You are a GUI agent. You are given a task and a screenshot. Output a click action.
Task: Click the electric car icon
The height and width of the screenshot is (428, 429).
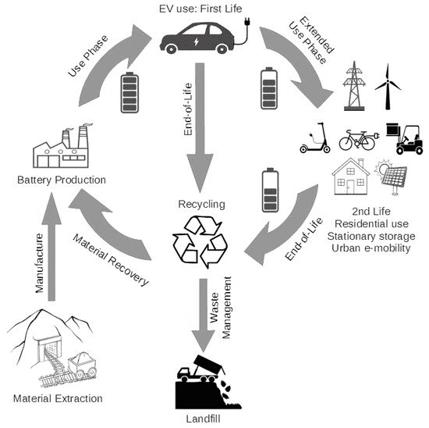click(197, 38)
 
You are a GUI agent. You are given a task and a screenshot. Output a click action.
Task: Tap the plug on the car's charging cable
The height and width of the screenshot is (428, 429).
click(247, 21)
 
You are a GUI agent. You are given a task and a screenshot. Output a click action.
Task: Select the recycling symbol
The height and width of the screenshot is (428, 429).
click(200, 241)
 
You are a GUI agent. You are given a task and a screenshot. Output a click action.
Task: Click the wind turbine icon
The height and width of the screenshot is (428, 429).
click(388, 87)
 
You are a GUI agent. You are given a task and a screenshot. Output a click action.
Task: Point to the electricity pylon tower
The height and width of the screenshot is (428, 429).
click(354, 86)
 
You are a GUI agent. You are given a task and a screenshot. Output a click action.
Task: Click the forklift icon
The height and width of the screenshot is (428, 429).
click(405, 139)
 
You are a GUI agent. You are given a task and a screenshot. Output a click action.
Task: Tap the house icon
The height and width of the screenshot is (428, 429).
click(350, 177)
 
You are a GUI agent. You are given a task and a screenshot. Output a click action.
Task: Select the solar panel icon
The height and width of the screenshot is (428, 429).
click(392, 177)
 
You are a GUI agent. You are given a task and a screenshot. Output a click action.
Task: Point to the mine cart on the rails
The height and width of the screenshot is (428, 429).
click(82, 366)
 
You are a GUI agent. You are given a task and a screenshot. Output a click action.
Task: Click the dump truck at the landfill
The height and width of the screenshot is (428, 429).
click(201, 369)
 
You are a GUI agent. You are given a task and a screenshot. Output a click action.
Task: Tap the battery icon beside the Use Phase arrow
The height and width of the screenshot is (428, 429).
click(129, 93)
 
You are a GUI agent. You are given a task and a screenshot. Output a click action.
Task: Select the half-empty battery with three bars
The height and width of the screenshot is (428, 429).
click(270, 190)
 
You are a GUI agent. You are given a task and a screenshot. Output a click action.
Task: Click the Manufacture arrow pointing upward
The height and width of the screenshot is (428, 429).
click(51, 247)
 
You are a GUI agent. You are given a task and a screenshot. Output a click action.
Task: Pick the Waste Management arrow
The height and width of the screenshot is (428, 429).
click(203, 315)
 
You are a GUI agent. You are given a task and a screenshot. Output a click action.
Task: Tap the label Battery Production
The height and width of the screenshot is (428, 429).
click(62, 180)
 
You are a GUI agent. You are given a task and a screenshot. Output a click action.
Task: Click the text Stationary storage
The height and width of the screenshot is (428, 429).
click(371, 236)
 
